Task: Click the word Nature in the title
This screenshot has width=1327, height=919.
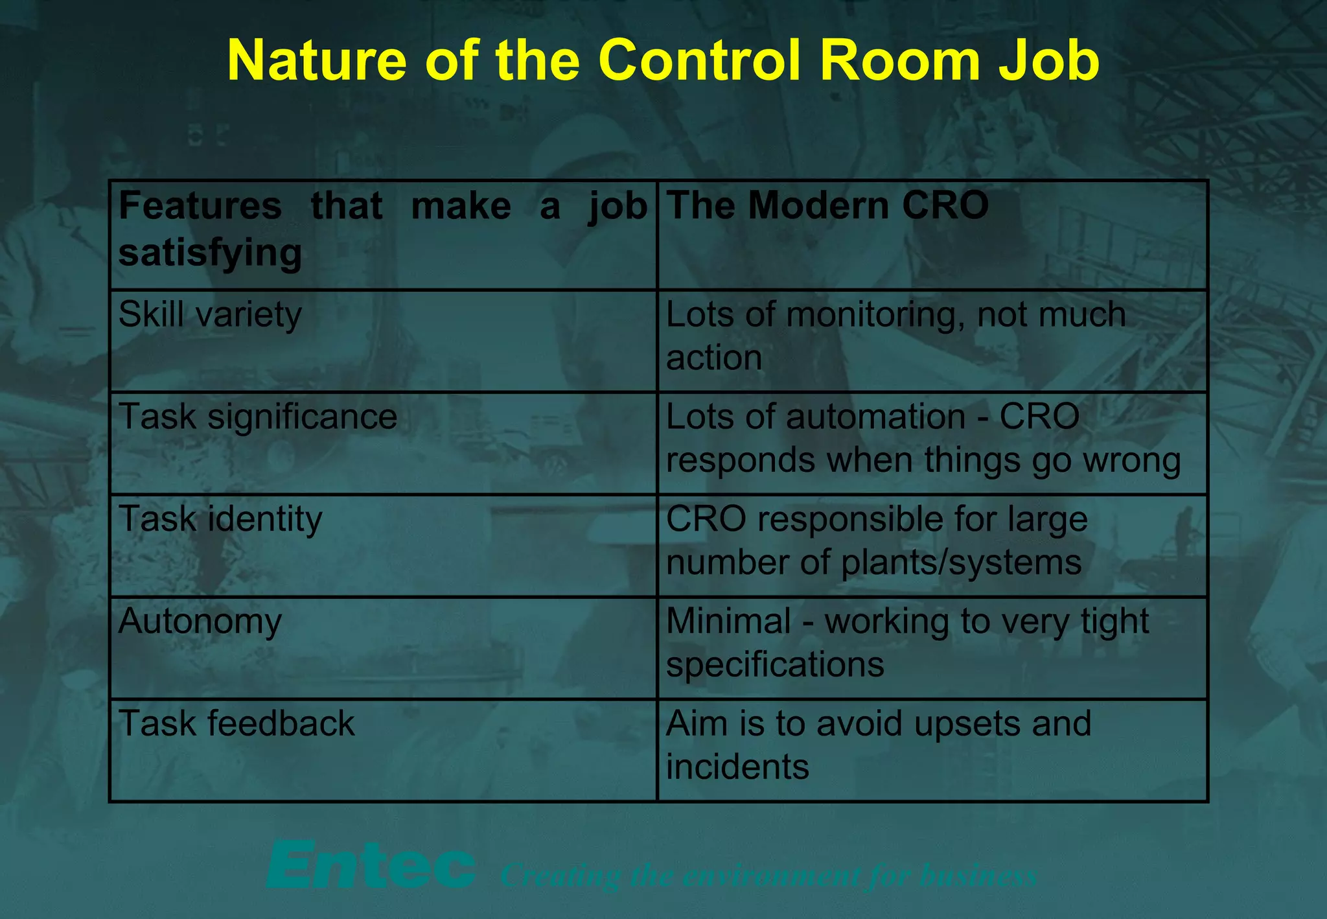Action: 316,60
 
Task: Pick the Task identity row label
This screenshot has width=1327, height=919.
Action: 220,519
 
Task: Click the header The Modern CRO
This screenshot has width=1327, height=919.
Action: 827,206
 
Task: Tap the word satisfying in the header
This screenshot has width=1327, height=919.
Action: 210,253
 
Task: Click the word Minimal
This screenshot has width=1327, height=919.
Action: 728,622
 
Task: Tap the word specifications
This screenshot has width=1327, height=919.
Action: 775,665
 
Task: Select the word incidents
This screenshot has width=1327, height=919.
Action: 737,767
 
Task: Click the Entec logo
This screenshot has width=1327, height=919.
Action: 371,865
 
